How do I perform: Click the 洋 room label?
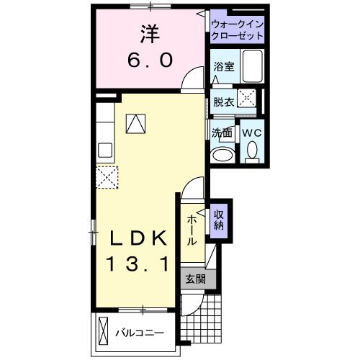[149, 34]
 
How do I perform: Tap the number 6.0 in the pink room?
[149, 61]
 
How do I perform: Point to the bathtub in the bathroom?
[253, 67]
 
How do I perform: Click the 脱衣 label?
[222, 102]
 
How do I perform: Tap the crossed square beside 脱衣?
[248, 100]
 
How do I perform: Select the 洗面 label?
[222, 132]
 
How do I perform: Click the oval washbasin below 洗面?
[221, 155]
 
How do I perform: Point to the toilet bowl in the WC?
[251, 150]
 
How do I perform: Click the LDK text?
[138, 238]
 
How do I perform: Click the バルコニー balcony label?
[140, 333]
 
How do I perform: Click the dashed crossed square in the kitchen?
[107, 177]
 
